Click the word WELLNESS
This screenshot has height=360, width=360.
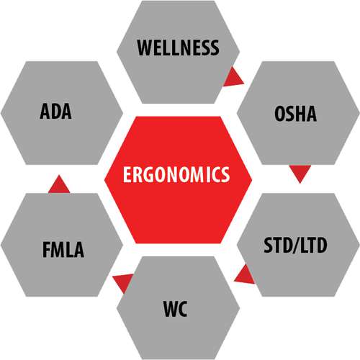pos(178,48)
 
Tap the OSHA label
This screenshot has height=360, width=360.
pos(295,113)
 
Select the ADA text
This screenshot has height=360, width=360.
pos(55,111)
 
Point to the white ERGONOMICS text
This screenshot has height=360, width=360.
pos(176,174)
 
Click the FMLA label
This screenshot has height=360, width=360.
pos(63,250)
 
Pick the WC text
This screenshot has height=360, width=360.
pos(175,309)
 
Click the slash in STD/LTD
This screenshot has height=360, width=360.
pos(296,246)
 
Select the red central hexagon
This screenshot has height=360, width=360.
pos(178,180)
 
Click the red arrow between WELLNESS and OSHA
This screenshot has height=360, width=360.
pos(233,77)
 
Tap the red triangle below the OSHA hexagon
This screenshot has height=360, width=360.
pos(300,172)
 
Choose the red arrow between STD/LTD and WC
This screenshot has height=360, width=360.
pos(245,275)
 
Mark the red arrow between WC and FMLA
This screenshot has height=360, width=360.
pos(123,282)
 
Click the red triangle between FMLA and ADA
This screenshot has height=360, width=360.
pos(59,185)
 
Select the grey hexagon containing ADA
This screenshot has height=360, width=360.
pos(62,113)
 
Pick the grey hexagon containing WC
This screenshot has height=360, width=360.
pos(178,308)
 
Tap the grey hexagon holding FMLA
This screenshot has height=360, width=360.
pos(62,245)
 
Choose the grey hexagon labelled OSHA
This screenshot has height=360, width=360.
pos(298,113)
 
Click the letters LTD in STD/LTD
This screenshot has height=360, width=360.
pos(314,246)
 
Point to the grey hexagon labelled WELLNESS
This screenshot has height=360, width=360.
pos(178,52)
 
